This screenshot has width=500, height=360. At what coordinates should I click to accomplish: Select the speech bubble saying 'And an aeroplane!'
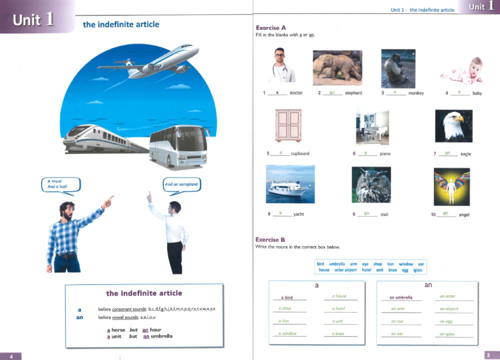181,184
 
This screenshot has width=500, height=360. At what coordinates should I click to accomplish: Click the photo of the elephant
337,67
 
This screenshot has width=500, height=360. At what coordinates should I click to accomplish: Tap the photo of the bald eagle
453,126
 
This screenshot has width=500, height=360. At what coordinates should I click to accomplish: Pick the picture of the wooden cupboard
288,125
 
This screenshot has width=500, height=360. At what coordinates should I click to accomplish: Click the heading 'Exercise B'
270,239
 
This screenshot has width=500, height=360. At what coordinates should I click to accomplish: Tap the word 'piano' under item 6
385,153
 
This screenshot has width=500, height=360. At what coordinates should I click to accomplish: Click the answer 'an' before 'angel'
446,213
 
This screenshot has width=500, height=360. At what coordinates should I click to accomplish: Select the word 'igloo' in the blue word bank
417,270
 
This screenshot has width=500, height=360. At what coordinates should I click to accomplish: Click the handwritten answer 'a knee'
340,333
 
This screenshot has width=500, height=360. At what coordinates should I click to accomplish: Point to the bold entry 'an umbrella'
400,297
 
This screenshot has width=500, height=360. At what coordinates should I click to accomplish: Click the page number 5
488,355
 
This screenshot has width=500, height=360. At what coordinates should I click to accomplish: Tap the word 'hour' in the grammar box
155,330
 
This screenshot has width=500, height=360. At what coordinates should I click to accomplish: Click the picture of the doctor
281,65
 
